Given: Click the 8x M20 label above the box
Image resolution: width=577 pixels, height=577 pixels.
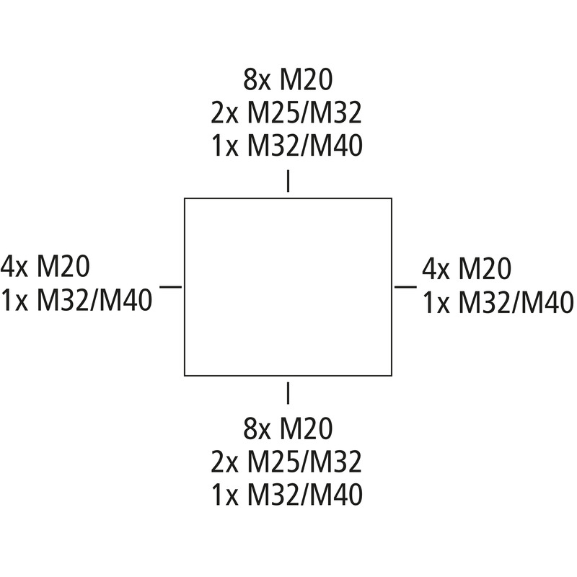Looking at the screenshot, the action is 288,79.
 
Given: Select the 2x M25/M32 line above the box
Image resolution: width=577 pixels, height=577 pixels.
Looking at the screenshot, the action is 286,113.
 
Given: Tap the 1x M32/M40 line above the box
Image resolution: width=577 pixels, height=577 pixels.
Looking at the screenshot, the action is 287,146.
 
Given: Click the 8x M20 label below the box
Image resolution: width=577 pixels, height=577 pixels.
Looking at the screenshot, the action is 288,428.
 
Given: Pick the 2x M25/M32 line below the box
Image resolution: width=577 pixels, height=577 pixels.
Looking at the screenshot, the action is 286,462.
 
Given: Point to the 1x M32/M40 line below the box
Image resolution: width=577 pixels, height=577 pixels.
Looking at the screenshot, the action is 287,495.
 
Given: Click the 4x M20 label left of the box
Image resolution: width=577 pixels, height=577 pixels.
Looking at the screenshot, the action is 45,266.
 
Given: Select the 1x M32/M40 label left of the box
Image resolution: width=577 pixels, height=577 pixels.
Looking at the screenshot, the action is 76,300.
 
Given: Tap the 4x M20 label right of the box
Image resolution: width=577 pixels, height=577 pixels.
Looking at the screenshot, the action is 467,268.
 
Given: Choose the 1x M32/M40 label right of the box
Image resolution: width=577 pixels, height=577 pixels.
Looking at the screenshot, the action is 498,302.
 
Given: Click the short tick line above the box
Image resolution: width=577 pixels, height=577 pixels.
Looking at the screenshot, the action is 288,181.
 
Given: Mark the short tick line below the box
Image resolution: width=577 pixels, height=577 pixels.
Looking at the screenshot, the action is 288,393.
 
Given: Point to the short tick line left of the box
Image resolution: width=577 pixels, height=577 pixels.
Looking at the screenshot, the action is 170,286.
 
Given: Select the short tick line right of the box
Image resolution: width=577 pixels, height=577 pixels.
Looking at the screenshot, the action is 405,286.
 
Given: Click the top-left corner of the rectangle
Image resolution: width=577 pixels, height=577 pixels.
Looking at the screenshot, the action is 185,198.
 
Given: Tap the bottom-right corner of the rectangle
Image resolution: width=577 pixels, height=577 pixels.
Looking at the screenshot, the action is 392,376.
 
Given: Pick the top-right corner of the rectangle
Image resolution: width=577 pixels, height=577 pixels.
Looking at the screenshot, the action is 392,198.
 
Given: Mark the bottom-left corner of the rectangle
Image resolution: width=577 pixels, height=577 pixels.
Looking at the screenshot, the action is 185,376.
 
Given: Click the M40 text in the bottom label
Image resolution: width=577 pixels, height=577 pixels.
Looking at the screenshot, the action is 337,495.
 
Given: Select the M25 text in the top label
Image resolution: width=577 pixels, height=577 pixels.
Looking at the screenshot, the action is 273,113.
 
